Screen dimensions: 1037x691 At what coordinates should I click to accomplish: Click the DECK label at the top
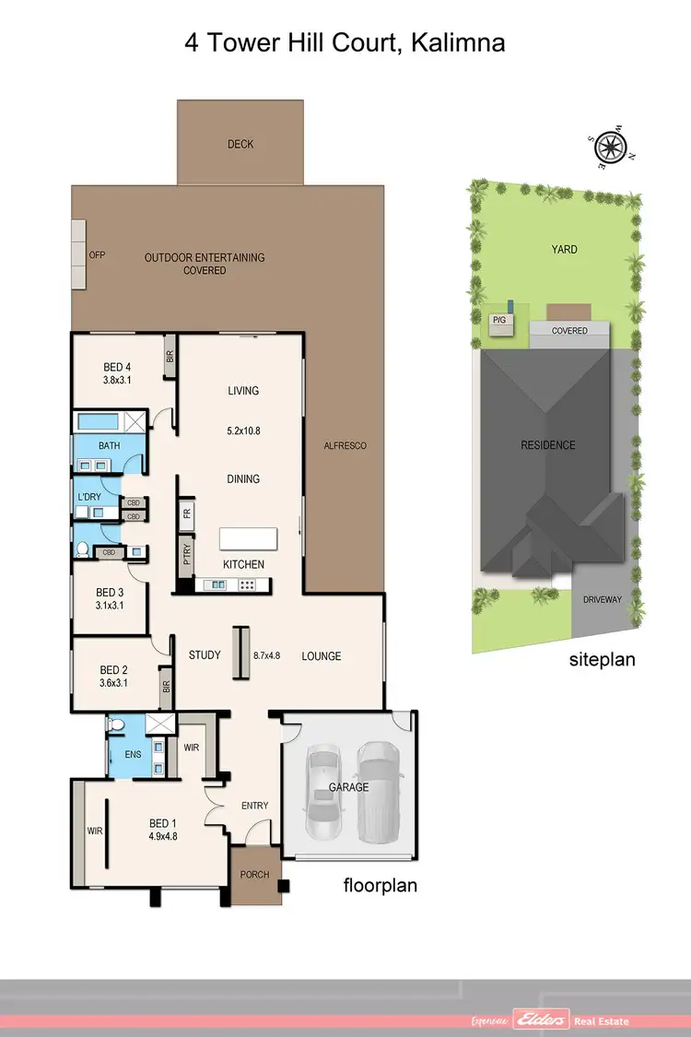pyautogui.click(x=240, y=144)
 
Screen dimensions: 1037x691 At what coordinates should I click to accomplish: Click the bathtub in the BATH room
pyautogui.click(x=100, y=423)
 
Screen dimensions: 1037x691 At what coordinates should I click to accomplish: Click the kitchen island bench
pyautogui.click(x=247, y=538)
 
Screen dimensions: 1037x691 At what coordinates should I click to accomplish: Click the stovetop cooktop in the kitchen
pyautogui.click(x=247, y=584)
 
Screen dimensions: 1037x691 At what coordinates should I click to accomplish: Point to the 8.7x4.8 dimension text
pyautogui.click(x=266, y=656)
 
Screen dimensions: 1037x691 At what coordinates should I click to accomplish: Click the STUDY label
pyautogui.click(x=205, y=655)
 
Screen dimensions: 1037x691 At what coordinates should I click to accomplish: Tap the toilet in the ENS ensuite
pyautogui.click(x=115, y=726)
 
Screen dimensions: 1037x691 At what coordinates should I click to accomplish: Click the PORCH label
pyautogui.click(x=254, y=874)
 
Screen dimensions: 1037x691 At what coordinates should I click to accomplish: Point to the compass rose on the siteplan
pyautogui.click(x=609, y=147)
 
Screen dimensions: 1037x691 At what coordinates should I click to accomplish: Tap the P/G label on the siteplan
pyautogui.click(x=500, y=320)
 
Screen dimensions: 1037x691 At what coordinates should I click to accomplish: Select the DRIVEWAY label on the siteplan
pyautogui.click(x=603, y=599)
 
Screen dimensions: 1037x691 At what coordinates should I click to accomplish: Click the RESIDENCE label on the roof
pyautogui.click(x=548, y=445)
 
